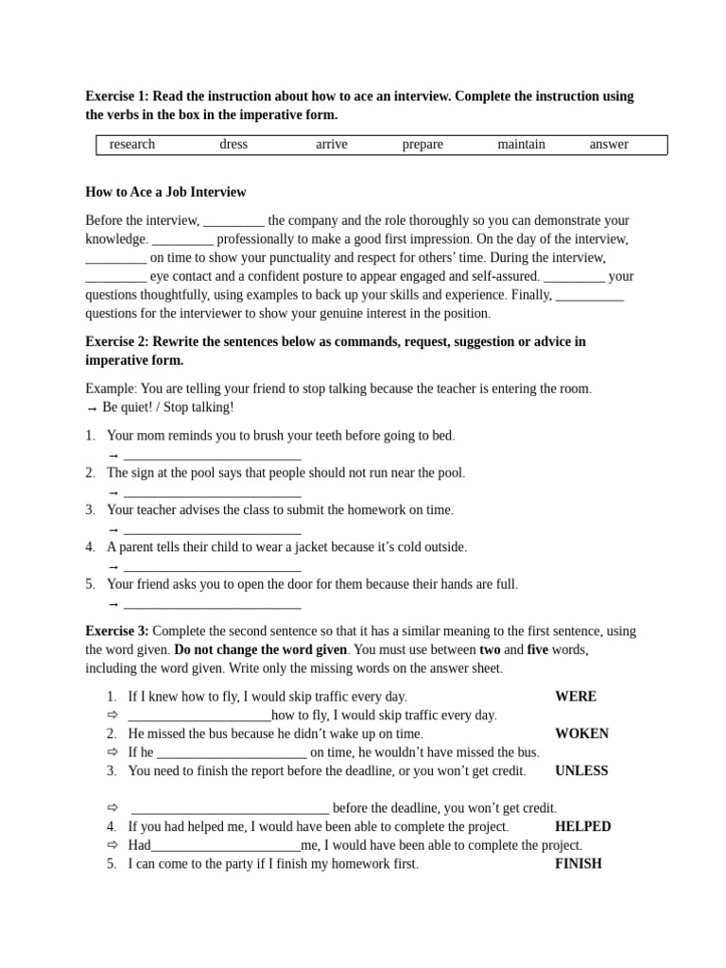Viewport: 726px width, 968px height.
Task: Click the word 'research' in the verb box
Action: coord(132,145)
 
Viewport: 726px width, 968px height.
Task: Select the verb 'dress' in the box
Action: coord(233,145)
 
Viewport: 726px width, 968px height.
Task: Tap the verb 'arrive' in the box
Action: coord(332,145)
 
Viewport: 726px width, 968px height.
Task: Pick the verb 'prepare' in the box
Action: coord(423,145)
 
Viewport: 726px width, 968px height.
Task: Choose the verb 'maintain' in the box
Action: coord(521,145)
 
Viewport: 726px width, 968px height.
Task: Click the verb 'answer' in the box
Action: coord(609,145)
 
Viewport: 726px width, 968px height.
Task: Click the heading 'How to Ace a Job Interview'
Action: coord(165,192)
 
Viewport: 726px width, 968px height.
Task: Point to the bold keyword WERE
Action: coord(576,697)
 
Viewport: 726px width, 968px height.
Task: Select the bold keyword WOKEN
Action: coord(581,734)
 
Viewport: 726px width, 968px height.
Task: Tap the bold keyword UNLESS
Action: coord(581,770)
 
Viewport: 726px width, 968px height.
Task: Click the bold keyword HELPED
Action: coord(582,826)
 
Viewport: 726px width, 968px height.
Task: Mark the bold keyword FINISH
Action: coord(579,863)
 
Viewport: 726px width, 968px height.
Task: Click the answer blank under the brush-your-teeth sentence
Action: coord(212,456)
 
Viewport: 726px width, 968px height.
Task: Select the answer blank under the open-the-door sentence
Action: coord(212,604)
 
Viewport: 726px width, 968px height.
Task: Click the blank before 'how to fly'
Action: coord(199,717)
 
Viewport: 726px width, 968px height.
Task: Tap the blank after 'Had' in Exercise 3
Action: coord(225,846)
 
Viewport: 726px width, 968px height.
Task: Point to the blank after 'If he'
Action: coord(231,753)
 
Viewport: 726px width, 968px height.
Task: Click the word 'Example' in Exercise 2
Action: coord(111,389)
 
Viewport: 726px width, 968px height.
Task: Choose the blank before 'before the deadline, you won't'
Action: coord(230,809)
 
